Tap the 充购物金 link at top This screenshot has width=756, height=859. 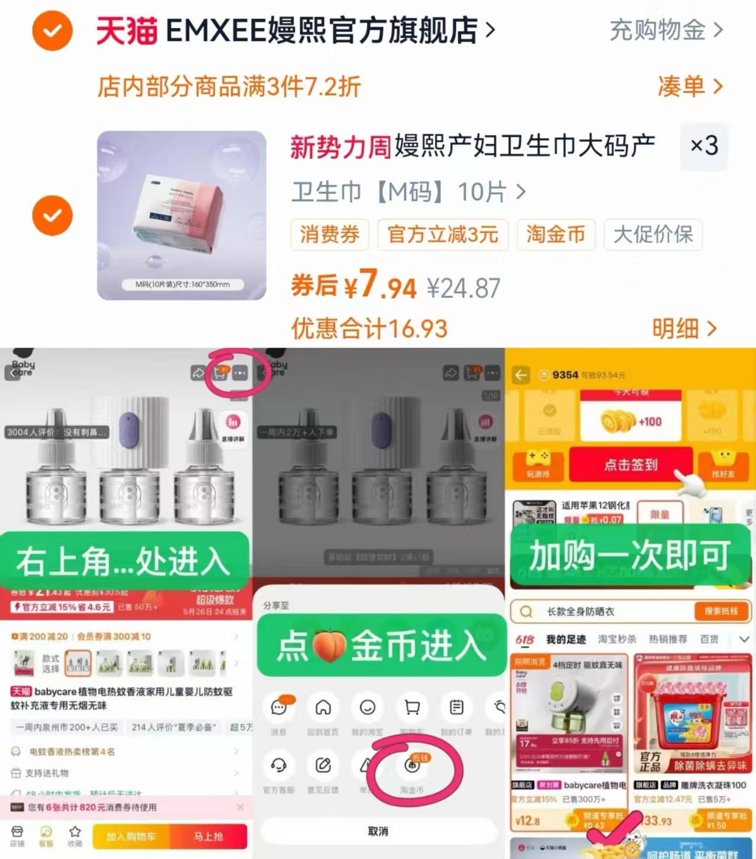666,30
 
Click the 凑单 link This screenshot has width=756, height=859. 689,86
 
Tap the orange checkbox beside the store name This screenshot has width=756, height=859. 53,30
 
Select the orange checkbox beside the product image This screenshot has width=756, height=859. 53,215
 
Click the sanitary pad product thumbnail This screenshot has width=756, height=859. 181,215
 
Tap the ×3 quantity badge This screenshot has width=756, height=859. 704,145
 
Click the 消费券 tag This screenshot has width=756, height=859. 330,235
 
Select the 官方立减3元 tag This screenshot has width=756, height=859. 443,235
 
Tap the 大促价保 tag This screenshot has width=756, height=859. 653,235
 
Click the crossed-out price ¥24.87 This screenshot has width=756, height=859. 463,289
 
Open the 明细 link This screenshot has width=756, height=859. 684,328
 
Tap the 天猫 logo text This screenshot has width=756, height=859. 126,31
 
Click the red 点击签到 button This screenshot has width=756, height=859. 630,465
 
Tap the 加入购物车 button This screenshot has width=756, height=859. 131,837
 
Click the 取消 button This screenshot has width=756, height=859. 378,831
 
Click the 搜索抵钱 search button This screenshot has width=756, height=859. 721,611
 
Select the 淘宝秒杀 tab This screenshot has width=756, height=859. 617,639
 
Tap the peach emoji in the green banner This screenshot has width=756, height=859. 329,646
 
